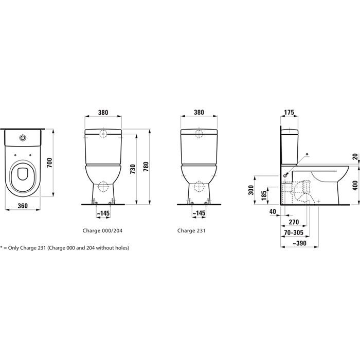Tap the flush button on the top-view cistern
tap(23, 138)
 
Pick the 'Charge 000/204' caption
tap(102, 231)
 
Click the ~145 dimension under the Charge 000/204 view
tap(103, 212)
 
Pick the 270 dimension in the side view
tap(293, 222)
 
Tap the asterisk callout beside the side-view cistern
tap(308, 154)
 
